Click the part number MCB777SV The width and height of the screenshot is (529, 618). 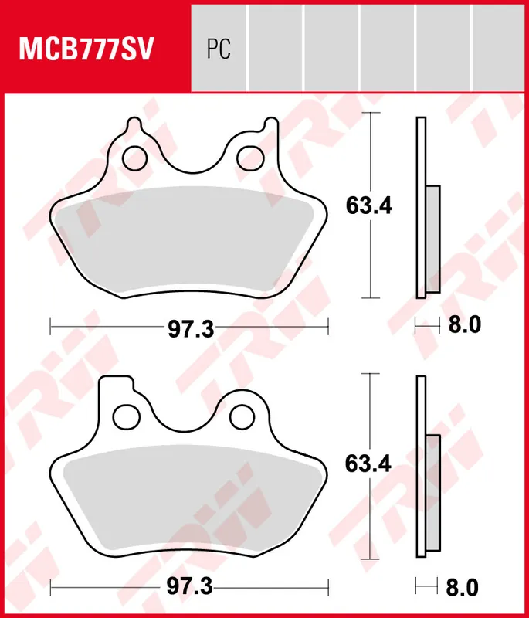(87, 50)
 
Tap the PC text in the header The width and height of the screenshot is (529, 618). (219, 50)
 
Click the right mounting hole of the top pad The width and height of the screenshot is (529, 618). (249, 158)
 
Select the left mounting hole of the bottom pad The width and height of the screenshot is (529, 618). (125, 416)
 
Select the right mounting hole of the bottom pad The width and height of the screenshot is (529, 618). (242, 416)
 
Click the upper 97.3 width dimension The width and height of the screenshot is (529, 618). (190, 328)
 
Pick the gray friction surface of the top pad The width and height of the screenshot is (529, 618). (189, 239)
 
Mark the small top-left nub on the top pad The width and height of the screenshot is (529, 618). (133, 124)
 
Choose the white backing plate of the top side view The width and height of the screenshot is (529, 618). (421, 154)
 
